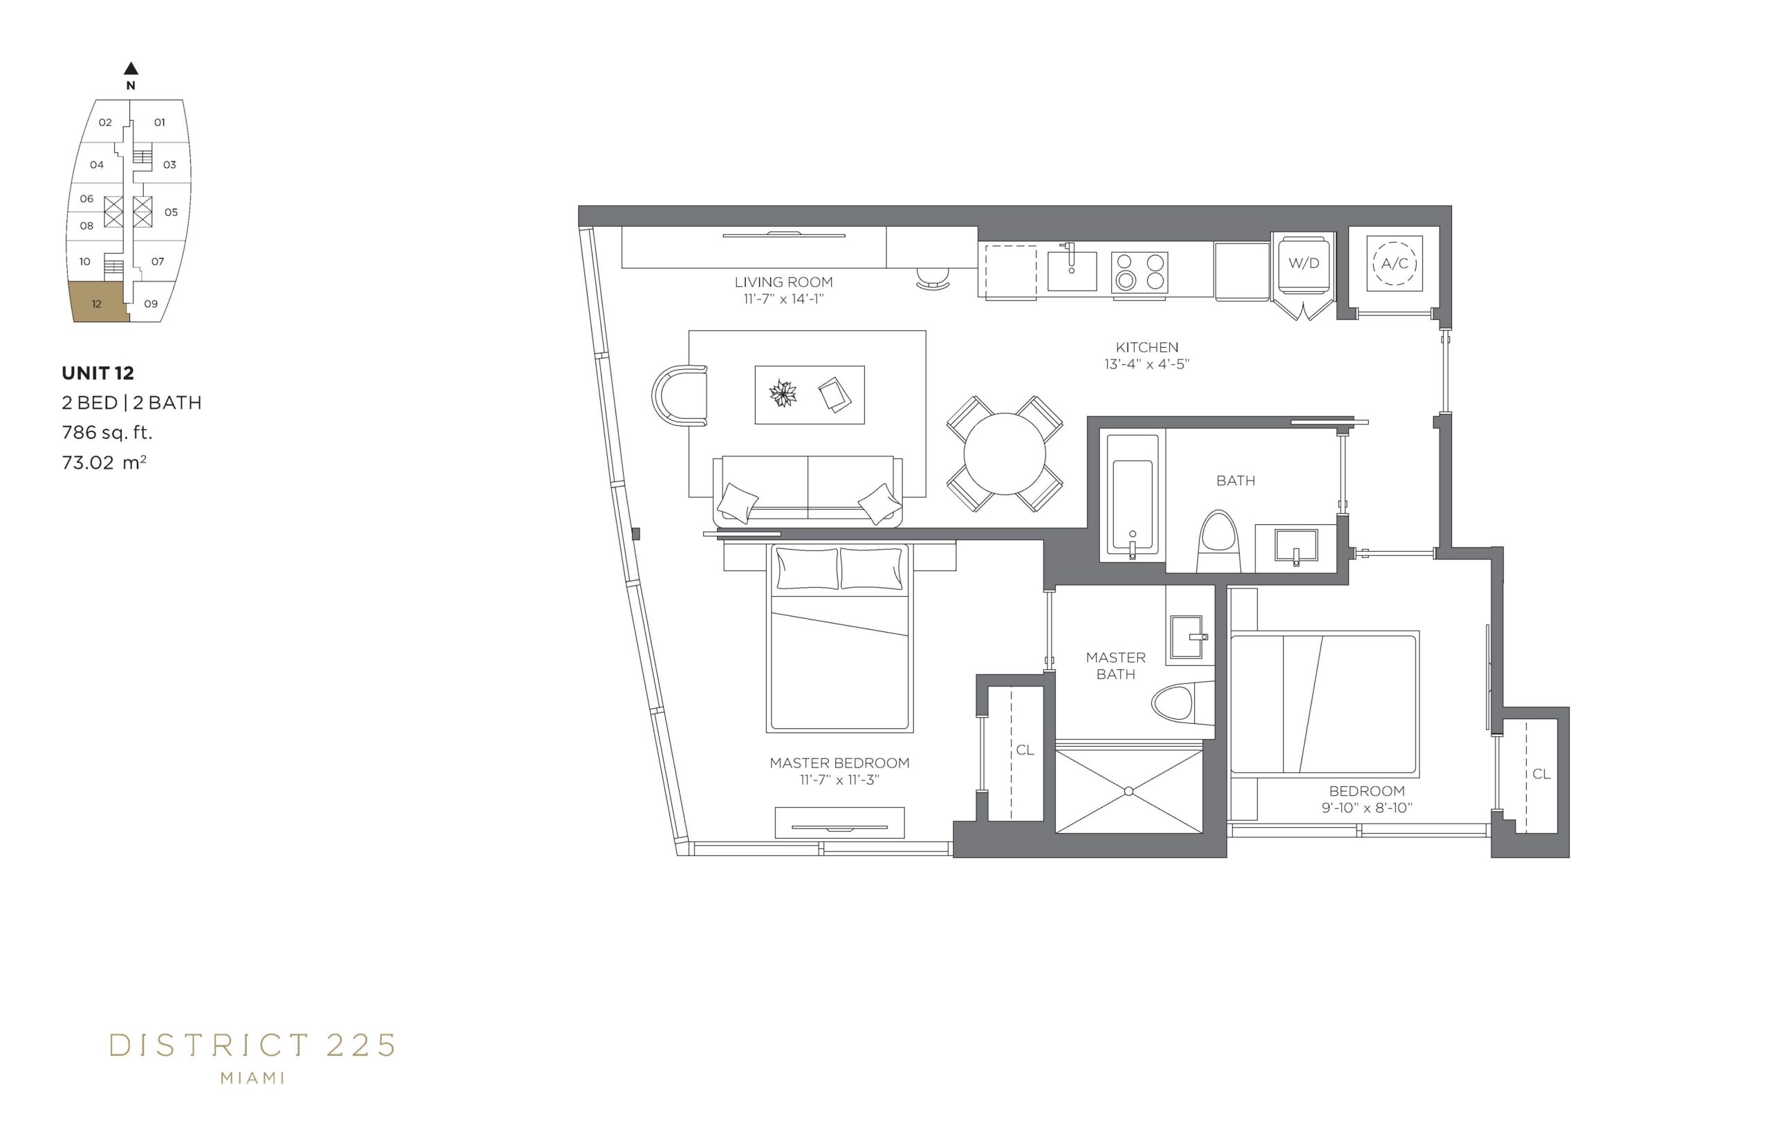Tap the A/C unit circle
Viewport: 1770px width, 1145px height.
pos(1394,263)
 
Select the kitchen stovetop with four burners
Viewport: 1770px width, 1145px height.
pos(1139,271)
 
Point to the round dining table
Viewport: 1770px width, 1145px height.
pos(1005,454)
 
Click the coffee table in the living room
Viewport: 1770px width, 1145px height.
pos(809,395)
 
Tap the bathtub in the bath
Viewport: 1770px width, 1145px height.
pos(1132,495)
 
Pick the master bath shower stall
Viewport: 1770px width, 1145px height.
pos(1128,791)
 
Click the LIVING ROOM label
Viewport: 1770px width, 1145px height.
pos(783,282)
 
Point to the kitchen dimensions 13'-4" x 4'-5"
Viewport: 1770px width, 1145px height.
pos(1147,364)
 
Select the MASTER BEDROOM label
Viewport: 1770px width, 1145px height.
pos(839,763)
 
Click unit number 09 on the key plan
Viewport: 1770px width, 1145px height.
pos(151,304)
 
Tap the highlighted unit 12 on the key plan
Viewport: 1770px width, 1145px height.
pos(98,302)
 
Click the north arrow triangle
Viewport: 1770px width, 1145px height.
pos(131,68)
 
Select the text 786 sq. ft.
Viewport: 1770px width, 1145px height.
pos(107,432)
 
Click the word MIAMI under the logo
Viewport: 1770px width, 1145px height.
pos(253,1077)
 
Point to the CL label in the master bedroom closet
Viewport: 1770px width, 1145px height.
pos(1025,750)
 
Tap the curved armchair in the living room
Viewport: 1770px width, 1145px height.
pos(679,395)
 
